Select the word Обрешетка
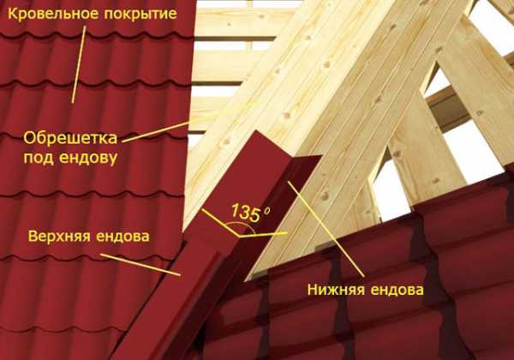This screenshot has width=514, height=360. pos(70,138)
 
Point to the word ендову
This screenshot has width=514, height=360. pos(88,158)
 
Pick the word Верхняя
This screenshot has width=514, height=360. pos(57,236)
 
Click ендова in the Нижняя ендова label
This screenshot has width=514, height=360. pos(395,290)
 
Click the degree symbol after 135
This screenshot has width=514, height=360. pos(266,210)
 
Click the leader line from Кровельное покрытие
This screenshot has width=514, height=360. pos(79,64)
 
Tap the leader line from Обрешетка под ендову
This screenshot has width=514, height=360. pos(156,133)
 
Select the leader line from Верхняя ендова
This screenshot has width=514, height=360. pos(140,265)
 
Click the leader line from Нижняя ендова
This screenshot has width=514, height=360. pos(326,229)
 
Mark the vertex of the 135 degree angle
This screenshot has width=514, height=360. pos(239,236)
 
